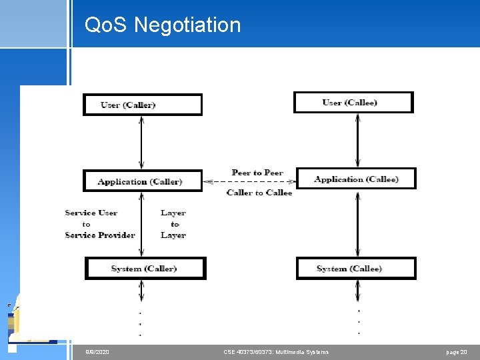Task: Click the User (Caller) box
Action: tap(142, 105)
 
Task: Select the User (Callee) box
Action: tap(353, 102)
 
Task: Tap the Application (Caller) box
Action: tap(142, 181)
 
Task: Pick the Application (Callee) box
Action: tap(356, 179)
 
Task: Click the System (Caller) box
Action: tap(145, 268)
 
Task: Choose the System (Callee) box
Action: tap(356, 268)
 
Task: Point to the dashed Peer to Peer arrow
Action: tap(249, 181)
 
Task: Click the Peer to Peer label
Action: tap(257, 173)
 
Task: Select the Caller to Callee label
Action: tap(259, 193)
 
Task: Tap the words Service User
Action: tap(91, 213)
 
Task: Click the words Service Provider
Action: tap(100, 235)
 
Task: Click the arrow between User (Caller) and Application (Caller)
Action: tap(141, 142)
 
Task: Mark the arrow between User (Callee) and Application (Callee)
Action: tap(358, 140)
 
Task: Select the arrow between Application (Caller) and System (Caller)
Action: tap(141, 224)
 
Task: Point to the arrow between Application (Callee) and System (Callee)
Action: tap(358, 223)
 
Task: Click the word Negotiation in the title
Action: tap(187, 25)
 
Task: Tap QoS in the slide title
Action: tap(107, 25)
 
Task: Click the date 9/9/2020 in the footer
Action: tap(97, 351)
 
